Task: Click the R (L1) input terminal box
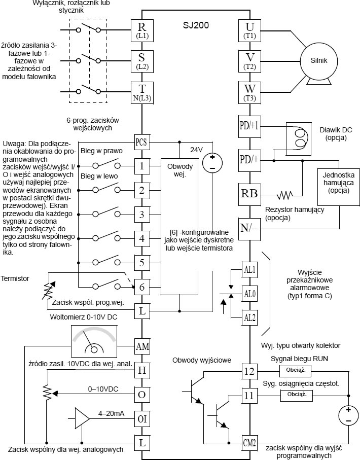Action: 142,30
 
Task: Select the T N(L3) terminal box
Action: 142,92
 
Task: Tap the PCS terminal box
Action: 141,142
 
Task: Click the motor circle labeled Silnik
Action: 318,61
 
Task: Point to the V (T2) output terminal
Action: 249,61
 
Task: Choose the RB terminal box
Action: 249,194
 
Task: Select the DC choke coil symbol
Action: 299,139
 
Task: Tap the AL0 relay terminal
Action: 249,294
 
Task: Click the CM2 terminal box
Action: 249,443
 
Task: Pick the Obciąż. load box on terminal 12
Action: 296,371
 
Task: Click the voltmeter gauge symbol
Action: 94,341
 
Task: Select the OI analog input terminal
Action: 142,419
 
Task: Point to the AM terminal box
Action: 142,347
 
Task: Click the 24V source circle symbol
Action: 212,163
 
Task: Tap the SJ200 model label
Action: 196,25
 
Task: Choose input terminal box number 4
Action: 141,238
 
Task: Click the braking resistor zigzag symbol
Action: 285,195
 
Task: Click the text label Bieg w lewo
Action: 99,176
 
